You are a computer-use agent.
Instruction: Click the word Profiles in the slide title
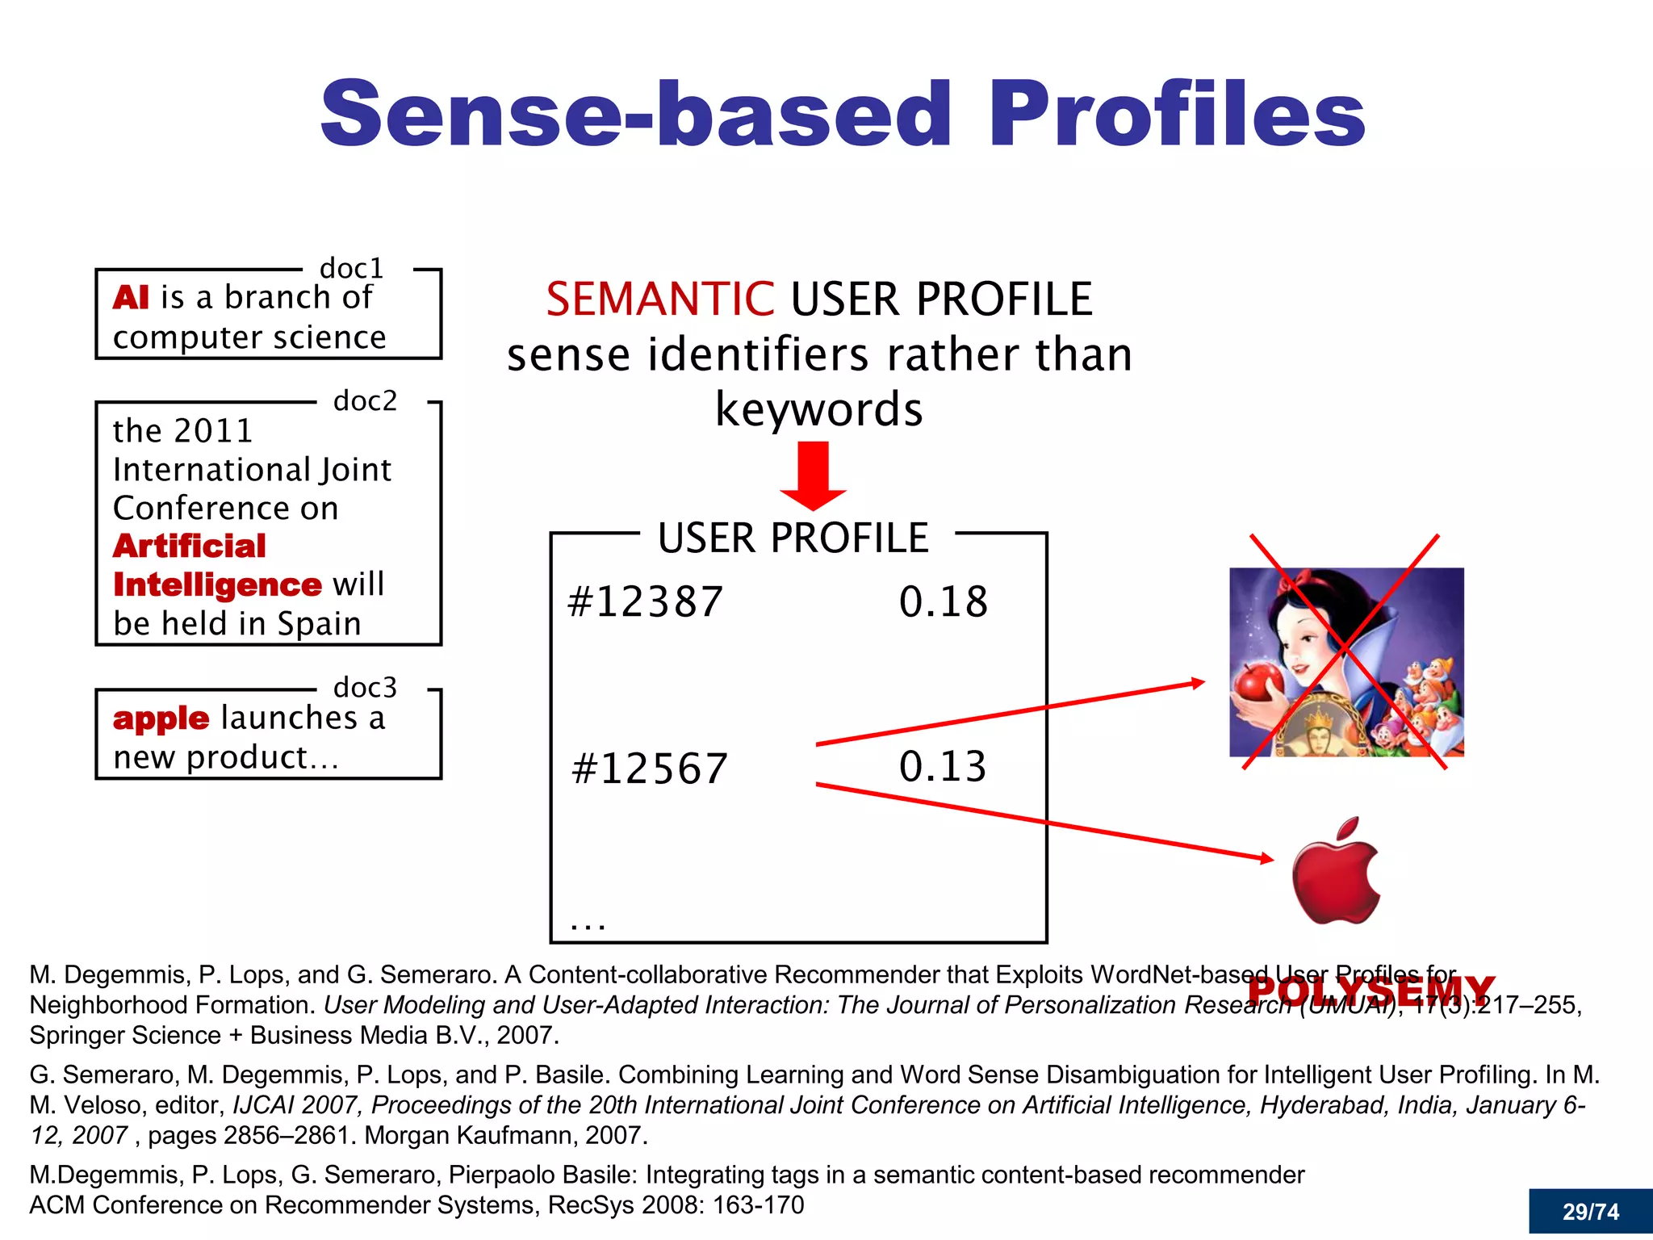pyautogui.click(x=1177, y=115)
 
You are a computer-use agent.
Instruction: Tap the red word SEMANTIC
pyautogui.click(x=659, y=300)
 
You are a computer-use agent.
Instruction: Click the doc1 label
pyautogui.click(x=351, y=268)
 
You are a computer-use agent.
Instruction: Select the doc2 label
pyautogui.click(x=365, y=400)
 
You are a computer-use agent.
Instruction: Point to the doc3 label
pyautogui.click(x=365, y=688)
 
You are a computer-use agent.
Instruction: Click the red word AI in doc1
pyautogui.click(x=131, y=298)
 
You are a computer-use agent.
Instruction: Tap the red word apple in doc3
pyautogui.click(x=161, y=718)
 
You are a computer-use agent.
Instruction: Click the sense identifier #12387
pyautogui.click(x=645, y=602)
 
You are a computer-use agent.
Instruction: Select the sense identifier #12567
pyautogui.click(x=649, y=769)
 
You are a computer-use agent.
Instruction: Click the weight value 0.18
pyautogui.click(x=943, y=602)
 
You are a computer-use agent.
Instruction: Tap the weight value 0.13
pyautogui.click(x=943, y=767)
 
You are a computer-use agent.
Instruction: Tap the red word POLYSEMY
pyautogui.click(x=1371, y=991)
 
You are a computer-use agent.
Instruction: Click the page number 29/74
pyautogui.click(x=1590, y=1212)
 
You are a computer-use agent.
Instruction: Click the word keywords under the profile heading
pyautogui.click(x=818, y=409)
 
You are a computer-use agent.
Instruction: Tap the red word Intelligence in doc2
pyautogui.click(x=217, y=584)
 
